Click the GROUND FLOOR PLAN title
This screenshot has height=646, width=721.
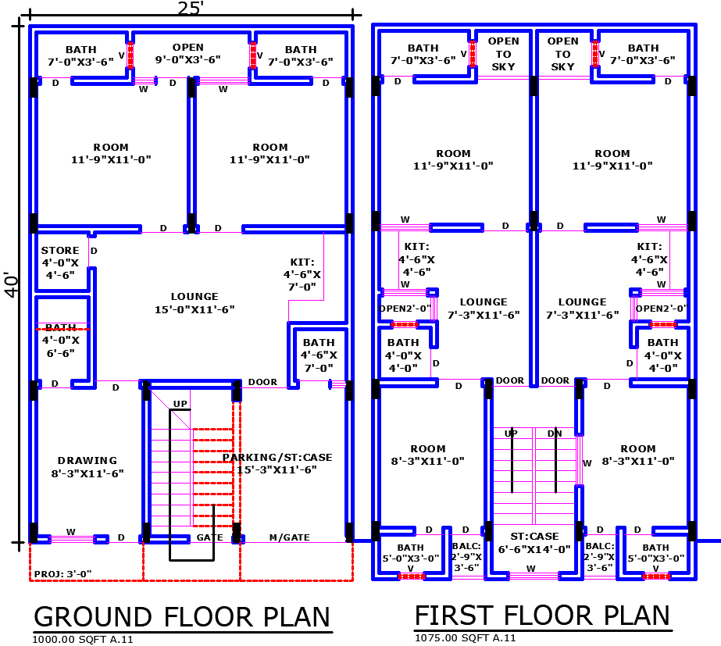[182, 616]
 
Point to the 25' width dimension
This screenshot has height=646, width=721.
[191, 9]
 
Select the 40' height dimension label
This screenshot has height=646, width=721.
[11, 284]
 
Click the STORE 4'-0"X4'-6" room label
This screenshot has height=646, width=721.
[60, 262]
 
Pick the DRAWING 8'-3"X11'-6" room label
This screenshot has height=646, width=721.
[87, 466]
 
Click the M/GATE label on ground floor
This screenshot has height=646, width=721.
[289, 537]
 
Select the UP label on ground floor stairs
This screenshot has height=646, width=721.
[180, 404]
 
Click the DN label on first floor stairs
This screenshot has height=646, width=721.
[555, 433]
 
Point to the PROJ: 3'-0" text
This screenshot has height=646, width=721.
[62, 574]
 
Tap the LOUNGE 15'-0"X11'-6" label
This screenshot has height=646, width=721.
[195, 303]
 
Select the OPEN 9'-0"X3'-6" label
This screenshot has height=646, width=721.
[187, 54]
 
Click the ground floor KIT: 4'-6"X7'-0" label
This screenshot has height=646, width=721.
[302, 274]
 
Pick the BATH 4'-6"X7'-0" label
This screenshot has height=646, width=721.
[318, 355]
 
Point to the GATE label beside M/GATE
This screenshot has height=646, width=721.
[209, 537]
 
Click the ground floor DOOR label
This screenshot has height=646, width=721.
[262, 382]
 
